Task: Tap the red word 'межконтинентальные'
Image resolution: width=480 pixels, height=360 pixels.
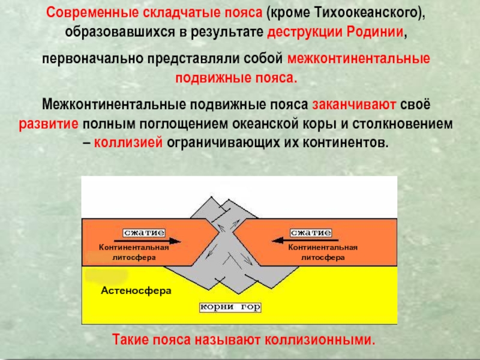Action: click(359, 60)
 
